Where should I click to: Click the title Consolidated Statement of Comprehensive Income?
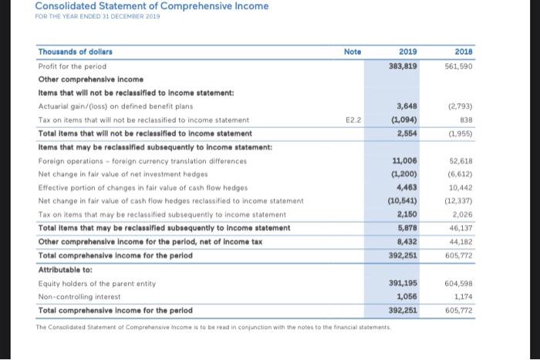click(x=151, y=7)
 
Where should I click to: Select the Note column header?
click(x=353, y=52)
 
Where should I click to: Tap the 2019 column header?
click(x=408, y=52)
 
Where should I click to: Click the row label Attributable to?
click(x=67, y=269)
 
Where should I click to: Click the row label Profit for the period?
click(x=72, y=66)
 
